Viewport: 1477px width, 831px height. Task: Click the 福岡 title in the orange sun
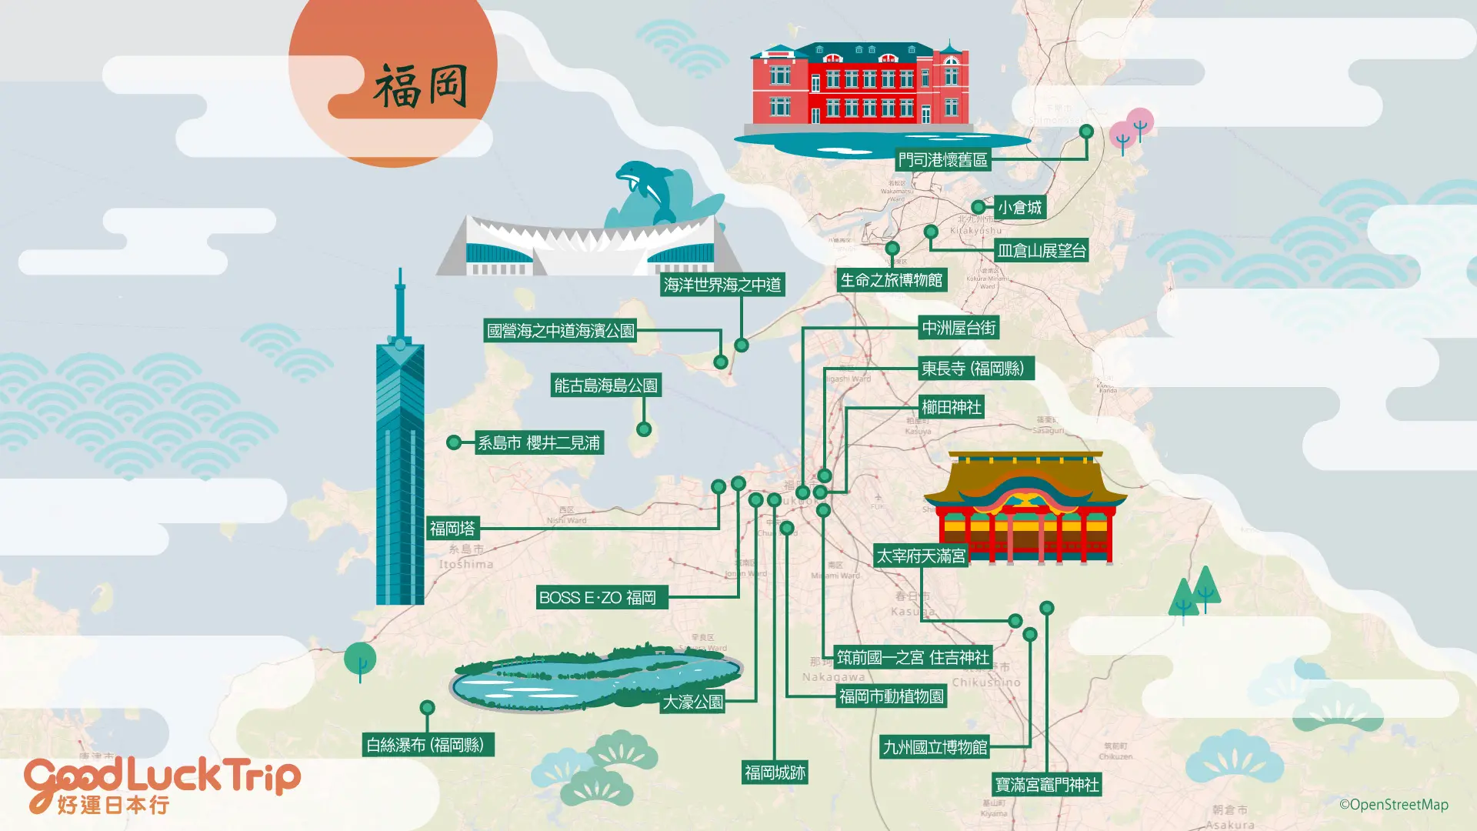[421, 86]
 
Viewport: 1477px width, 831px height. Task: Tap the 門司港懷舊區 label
[942, 160]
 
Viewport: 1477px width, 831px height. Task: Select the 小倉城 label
[1019, 208]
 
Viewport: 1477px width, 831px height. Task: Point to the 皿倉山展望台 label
[1042, 251]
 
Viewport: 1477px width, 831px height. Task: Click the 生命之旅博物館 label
[892, 280]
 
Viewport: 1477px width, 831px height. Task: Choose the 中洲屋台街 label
[959, 329]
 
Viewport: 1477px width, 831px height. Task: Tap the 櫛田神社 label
[951, 408]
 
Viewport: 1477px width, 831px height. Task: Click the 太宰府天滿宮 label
[921, 556]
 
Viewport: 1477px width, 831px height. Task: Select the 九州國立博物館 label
[935, 747]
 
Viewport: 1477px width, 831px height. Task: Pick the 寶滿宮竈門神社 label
[1047, 785]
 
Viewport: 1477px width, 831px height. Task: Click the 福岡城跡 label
[775, 773]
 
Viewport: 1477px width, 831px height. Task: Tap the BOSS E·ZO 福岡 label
[598, 598]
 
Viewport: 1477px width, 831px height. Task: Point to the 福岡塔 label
[452, 529]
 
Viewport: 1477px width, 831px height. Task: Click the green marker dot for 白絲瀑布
[427, 708]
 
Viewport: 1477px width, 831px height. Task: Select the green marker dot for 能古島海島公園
[644, 429]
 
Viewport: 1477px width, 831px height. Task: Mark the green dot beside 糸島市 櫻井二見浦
[454, 442]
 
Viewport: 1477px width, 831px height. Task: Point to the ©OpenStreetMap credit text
[1393, 805]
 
